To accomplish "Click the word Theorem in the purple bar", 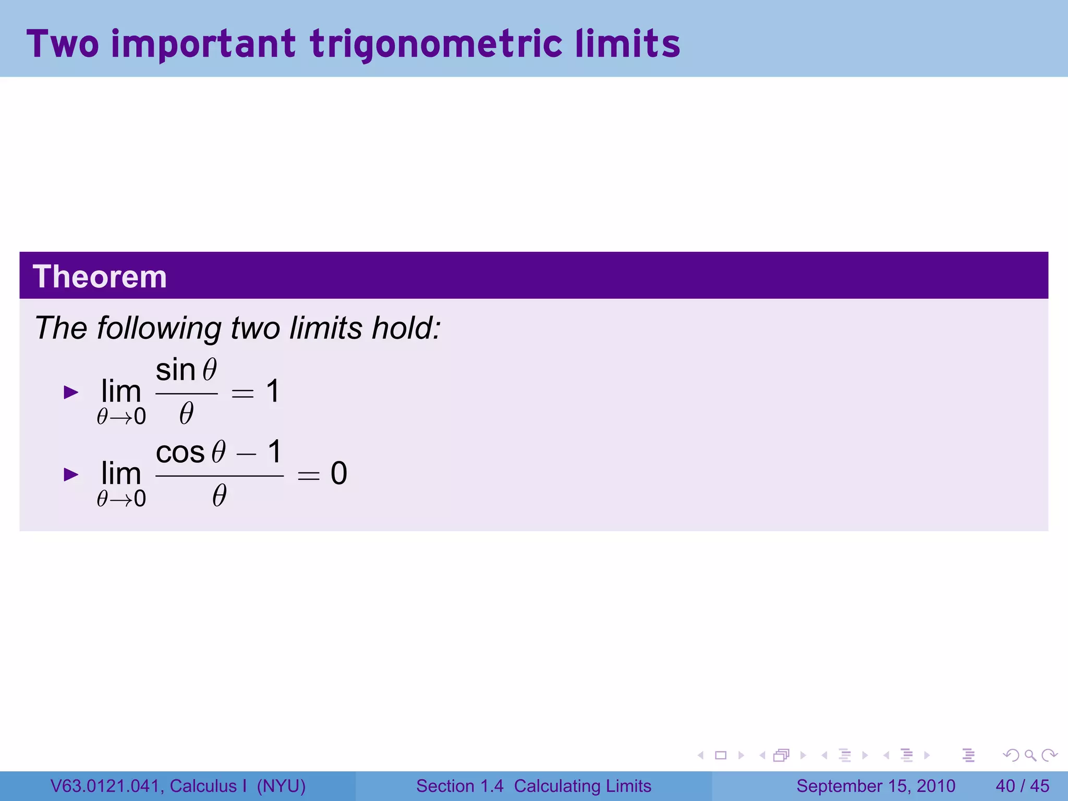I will [100, 276].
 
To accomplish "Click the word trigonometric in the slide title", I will [436, 44].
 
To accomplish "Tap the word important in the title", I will [203, 44].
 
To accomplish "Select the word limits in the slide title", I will [628, 44].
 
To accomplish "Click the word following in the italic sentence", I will [160, 328].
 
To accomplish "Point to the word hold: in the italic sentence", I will [406, 328].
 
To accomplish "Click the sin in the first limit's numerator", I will [175, 370].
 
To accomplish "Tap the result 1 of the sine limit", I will [273, 391].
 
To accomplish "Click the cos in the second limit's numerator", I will [180, 452].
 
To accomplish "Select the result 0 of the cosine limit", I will [339, 474].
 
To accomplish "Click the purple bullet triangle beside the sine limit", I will [71, 392].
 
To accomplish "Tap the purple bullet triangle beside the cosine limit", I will [71, 475].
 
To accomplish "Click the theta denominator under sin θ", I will [186, 414].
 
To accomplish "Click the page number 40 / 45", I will [1022, 786].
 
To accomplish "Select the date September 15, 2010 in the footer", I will [876, 786].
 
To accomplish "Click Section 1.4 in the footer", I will [460, 786].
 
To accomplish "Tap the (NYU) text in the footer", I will [281, 786].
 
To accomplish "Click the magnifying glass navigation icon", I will [1030, 755].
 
